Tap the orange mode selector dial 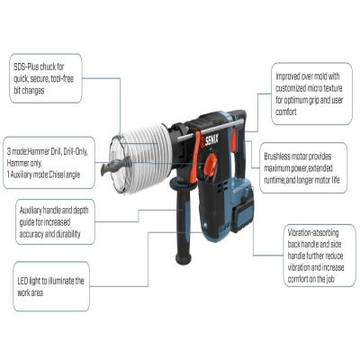pos(210,165)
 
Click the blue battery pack pos(243,205)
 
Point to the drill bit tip pos(102,169)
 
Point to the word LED pos(22,281)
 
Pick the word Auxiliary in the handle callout pos(31,211)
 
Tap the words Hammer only pos(24,163)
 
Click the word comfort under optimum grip pos(286,112)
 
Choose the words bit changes pos(29,91)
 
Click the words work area pos(30,292)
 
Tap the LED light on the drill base pos(205,224)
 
